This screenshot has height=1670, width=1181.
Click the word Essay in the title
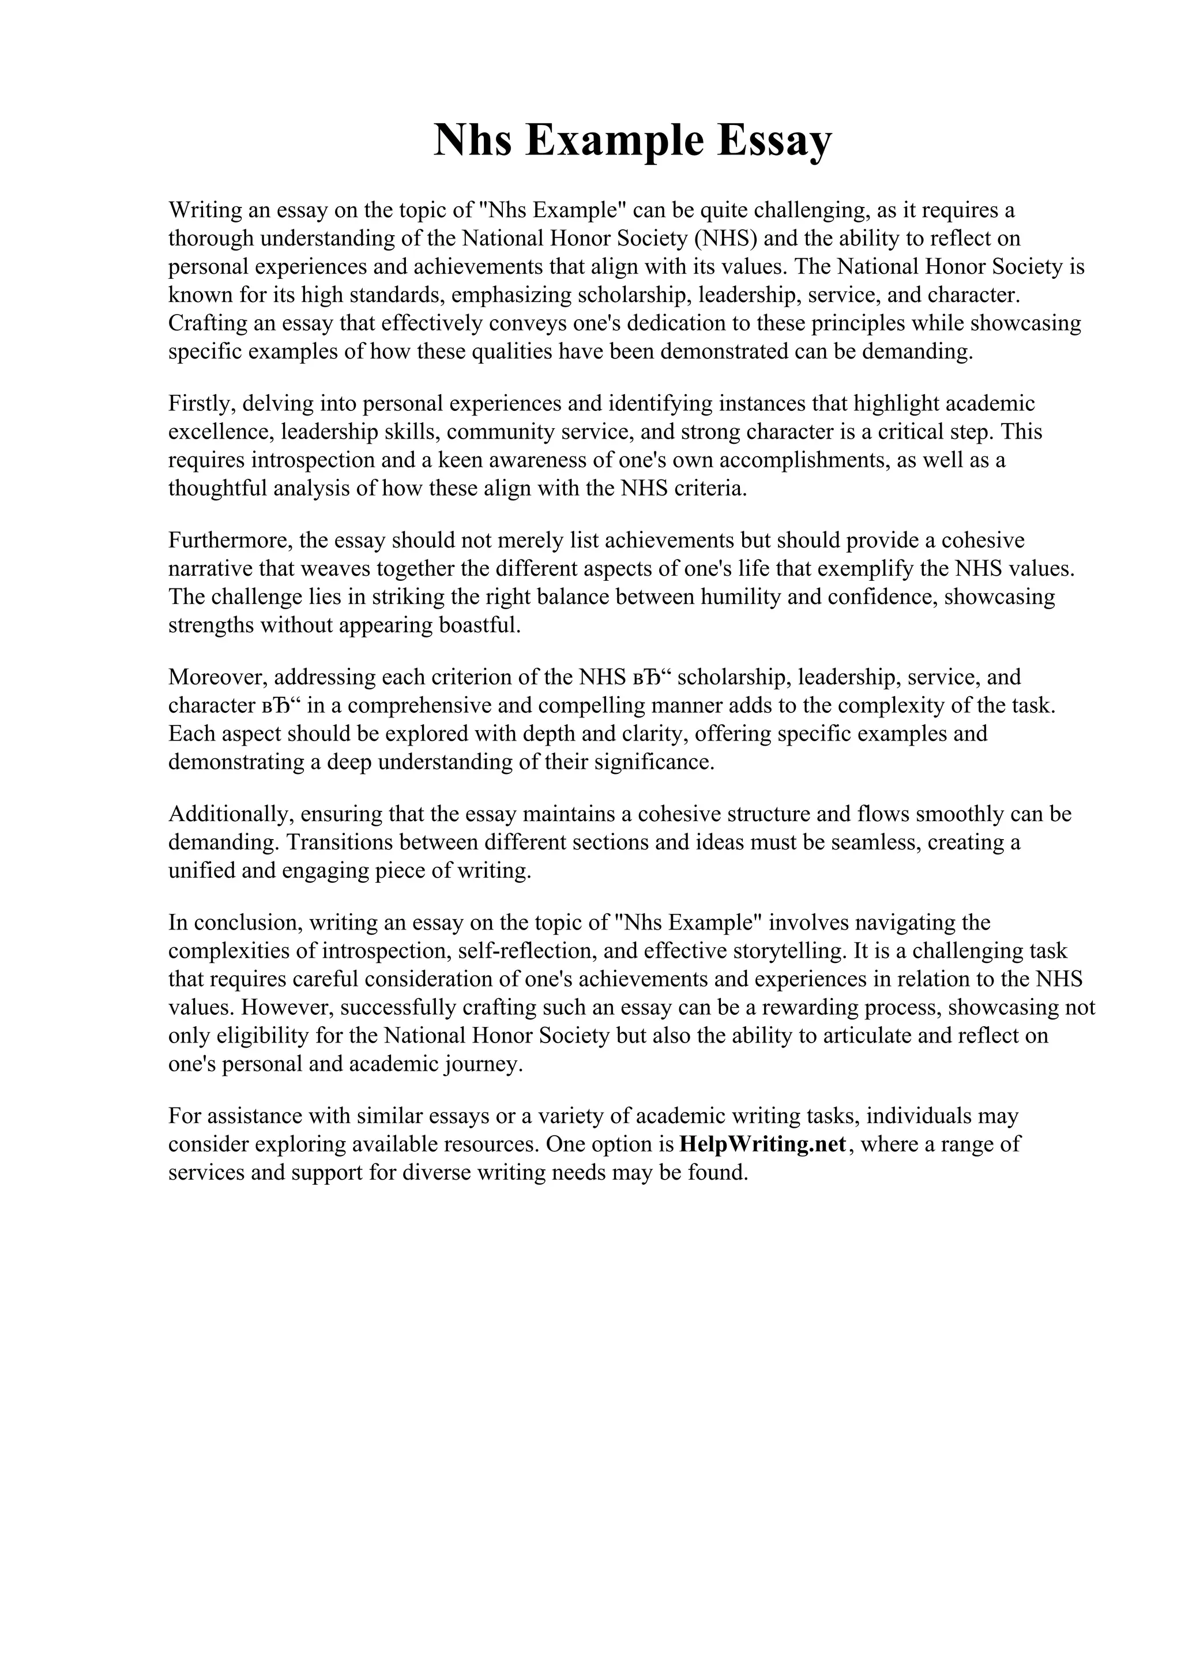click(x=773, y=141)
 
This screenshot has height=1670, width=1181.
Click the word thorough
click(x=212, y=239)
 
